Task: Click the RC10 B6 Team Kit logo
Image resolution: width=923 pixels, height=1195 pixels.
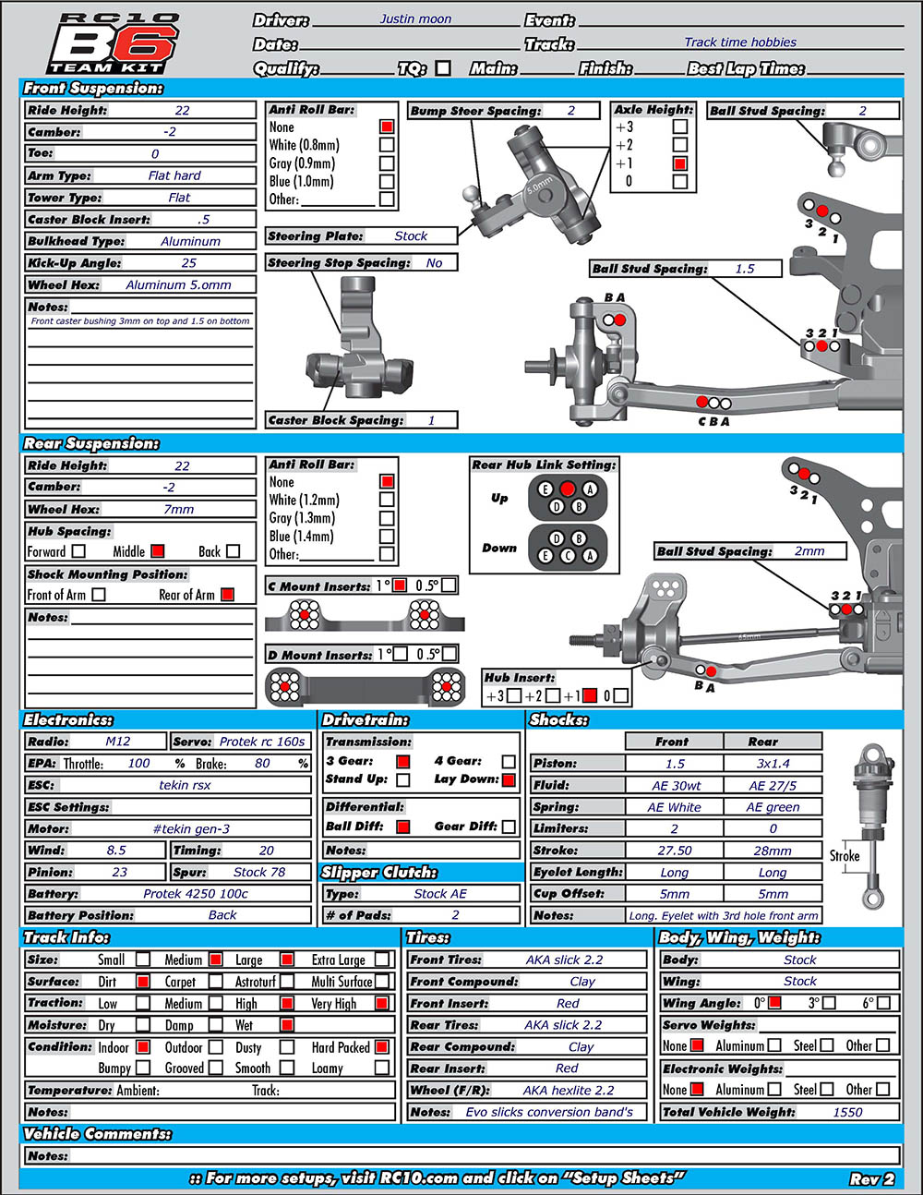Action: (114, 43)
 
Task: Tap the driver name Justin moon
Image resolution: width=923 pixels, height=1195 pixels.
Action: (415, 18)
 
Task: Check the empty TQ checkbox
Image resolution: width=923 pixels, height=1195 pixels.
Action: (443, 68)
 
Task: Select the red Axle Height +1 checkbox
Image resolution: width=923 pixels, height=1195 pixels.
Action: (680, 163)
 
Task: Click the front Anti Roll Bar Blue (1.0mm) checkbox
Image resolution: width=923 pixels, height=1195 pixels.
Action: (387, 182)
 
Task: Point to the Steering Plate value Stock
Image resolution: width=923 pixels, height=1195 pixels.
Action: (411, 235)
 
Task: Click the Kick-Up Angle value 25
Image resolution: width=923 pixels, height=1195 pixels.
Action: (188, 263)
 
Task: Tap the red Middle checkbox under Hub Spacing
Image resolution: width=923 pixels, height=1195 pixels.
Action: (158, 550)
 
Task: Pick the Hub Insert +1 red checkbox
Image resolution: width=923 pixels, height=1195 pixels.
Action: (590, 695)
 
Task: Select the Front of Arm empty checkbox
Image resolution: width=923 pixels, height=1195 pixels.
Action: (99, 595)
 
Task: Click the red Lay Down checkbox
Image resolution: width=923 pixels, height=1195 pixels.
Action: (509, 779)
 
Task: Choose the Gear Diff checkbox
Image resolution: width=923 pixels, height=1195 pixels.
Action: (509, 827)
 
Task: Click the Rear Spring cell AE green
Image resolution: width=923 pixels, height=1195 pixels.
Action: (773, 807)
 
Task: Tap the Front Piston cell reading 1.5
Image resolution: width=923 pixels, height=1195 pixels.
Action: (675, 764)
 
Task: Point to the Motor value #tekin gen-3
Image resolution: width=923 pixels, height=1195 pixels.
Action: (191, 828)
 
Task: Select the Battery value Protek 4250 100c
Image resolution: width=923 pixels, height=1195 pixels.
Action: (195, 894)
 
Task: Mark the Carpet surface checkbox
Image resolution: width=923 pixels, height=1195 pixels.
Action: (216, 982)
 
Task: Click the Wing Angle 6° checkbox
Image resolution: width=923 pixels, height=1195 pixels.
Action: (883, 1003)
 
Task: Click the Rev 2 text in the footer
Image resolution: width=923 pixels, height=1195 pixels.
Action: (872, 1179)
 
